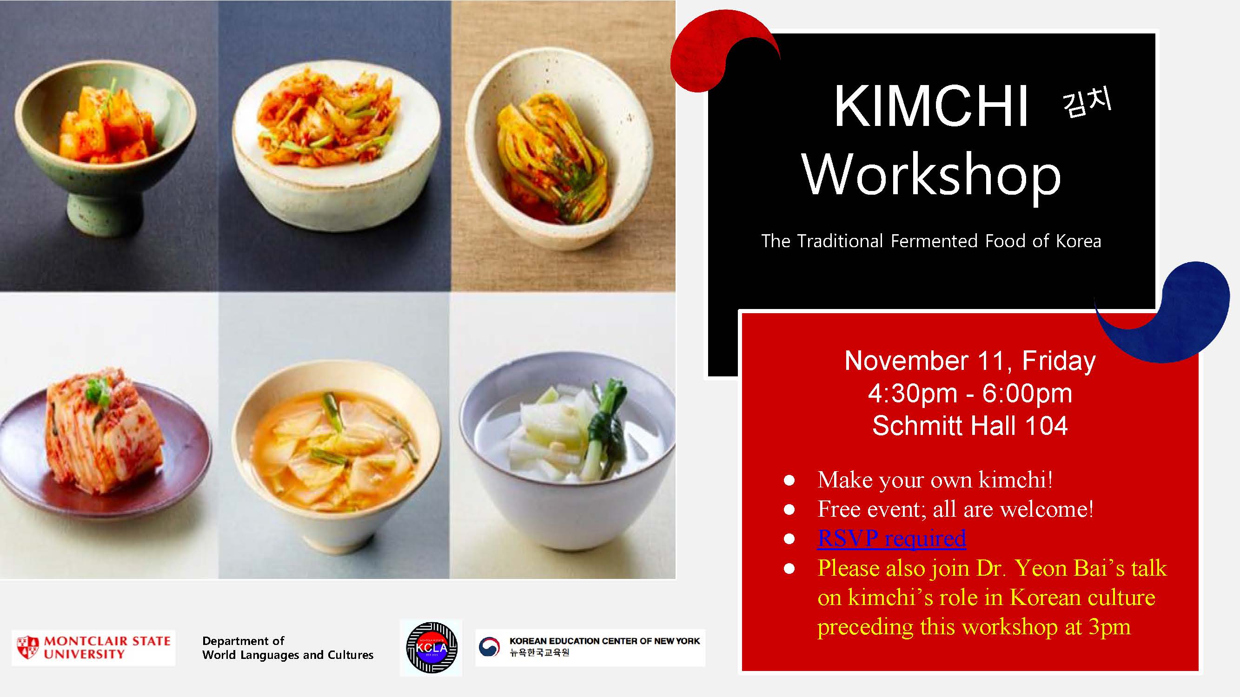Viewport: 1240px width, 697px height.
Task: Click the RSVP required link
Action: [x=891, y=538]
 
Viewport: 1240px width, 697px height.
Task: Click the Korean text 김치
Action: [x=1087, y=102]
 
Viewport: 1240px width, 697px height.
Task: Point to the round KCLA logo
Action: [x=431, y=647]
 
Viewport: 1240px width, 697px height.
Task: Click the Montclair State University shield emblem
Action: [x=27, y=647]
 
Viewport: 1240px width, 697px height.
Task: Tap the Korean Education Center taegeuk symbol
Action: [x=489, y=647]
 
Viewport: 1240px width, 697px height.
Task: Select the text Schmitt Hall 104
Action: [x=970, y=426]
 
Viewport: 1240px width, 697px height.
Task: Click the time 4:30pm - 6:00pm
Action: [x=970, y=394]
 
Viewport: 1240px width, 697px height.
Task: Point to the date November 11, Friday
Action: [x=970, y=361]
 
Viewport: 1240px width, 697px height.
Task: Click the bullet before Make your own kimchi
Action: [x=789, y=480]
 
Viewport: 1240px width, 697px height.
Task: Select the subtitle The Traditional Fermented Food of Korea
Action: [x=931, y=241]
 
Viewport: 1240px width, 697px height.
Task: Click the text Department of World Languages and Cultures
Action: [x=287, y=648]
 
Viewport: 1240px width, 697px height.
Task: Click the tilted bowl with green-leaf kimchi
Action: [x=558, y=149]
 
